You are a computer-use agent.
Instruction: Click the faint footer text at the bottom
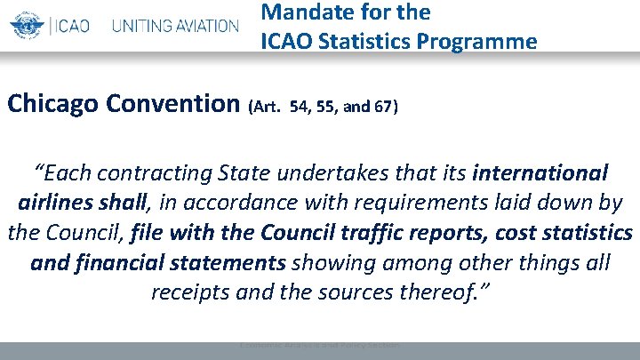320,344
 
